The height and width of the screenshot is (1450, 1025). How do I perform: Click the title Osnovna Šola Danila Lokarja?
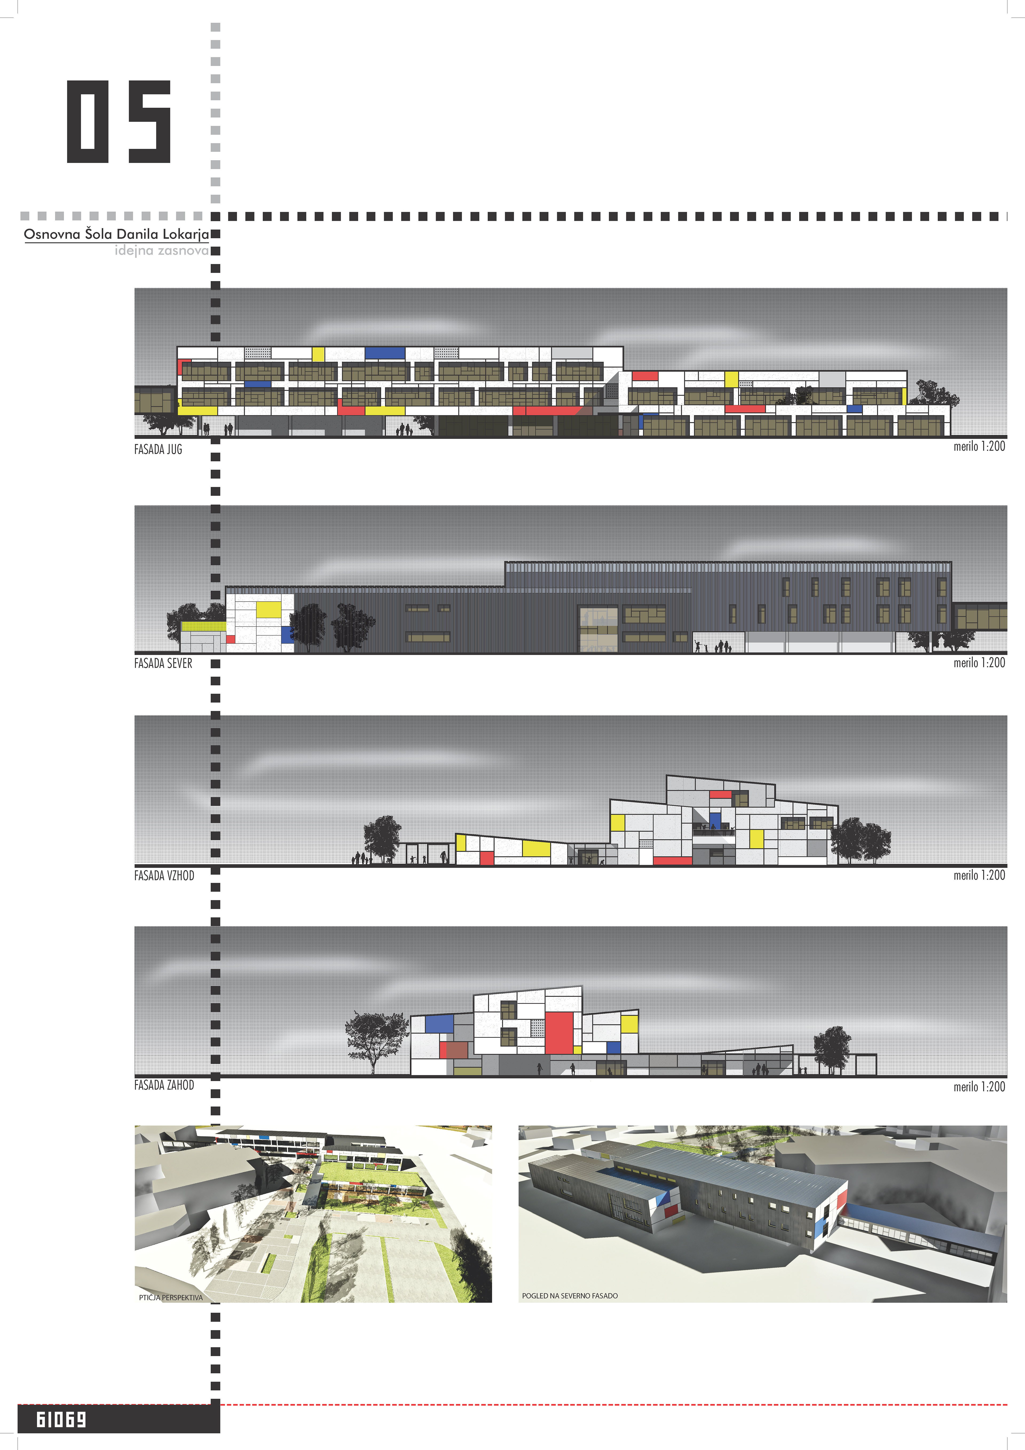click(x=116, y=234)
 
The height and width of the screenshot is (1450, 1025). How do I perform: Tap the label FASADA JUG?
click(x=158, y=450)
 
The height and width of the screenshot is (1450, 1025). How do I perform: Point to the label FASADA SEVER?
click(x=163, y=663)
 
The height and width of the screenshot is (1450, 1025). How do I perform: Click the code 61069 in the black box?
click(x=61, y=1420)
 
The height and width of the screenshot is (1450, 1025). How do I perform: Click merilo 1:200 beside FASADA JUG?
click(x=979, y=446)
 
